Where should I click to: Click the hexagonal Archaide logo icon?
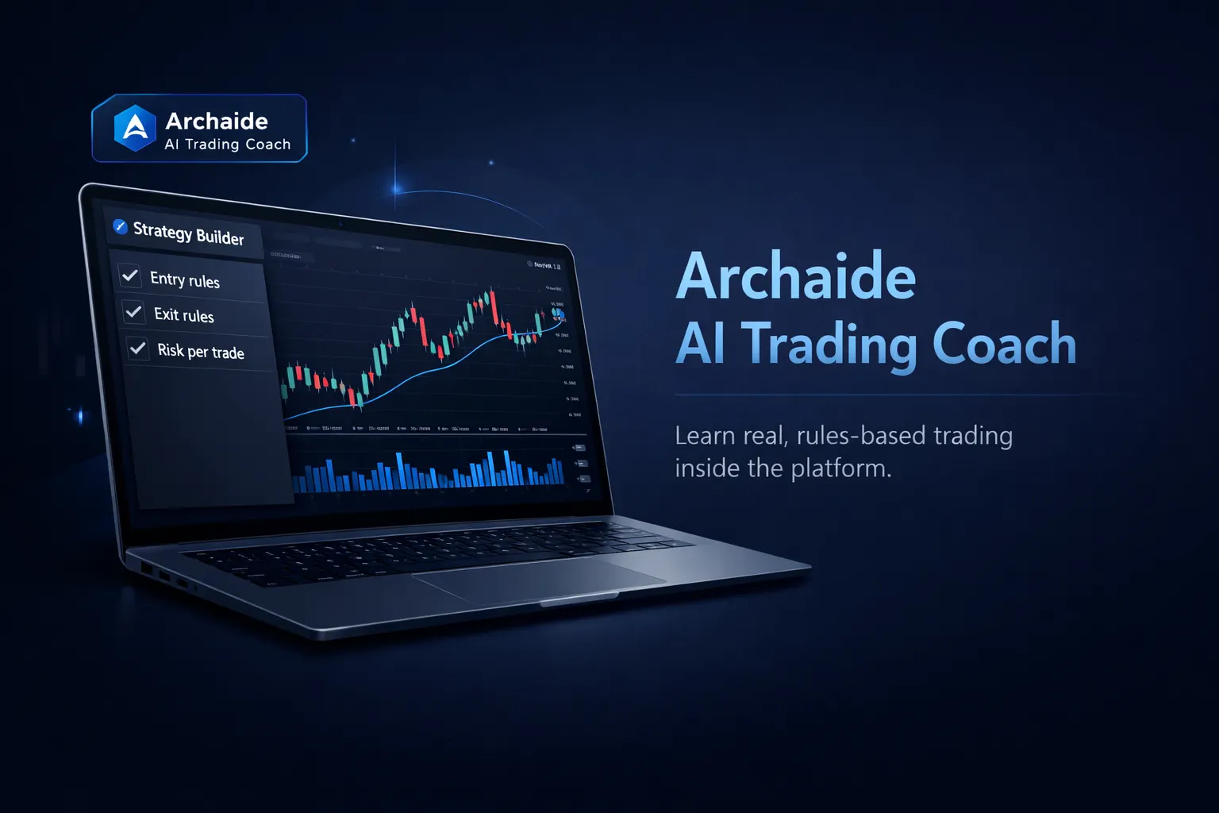click(135, 128)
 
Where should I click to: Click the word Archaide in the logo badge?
click(217, 121)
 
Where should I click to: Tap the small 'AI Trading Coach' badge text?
click(228, 144)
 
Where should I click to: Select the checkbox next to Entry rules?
click(130, 275)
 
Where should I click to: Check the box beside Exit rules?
click(133, 312)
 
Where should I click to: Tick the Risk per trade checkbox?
click(137, 348)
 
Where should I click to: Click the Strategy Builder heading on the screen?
click(188, 233)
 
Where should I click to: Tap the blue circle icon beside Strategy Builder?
click(120, 227)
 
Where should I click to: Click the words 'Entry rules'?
click(185, 279)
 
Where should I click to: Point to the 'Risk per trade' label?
click(201, 351)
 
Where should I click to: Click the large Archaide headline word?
click(795, 276)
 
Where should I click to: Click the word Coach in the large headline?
click(1004, 344)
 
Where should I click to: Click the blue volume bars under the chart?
click(429, 472)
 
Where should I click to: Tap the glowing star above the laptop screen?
click(397, 189)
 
